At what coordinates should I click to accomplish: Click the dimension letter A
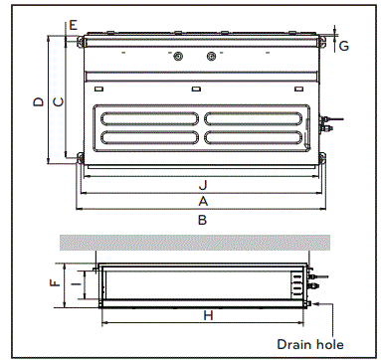point(202,200)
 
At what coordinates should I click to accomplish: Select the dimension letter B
point(202,219)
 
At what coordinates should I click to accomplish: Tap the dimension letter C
point(58,100)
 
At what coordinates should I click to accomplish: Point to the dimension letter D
point(37,100)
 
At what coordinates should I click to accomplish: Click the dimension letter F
point(55,282)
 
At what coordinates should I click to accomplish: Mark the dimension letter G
point(344,46)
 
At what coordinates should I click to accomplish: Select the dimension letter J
point(202,184)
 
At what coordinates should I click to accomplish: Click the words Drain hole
point(309,344)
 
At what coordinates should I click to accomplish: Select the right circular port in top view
point(211,58)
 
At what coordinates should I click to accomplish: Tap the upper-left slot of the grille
point(149,116)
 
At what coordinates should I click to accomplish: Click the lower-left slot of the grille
point(149,140)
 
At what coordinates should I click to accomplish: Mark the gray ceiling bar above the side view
point(195,243)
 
